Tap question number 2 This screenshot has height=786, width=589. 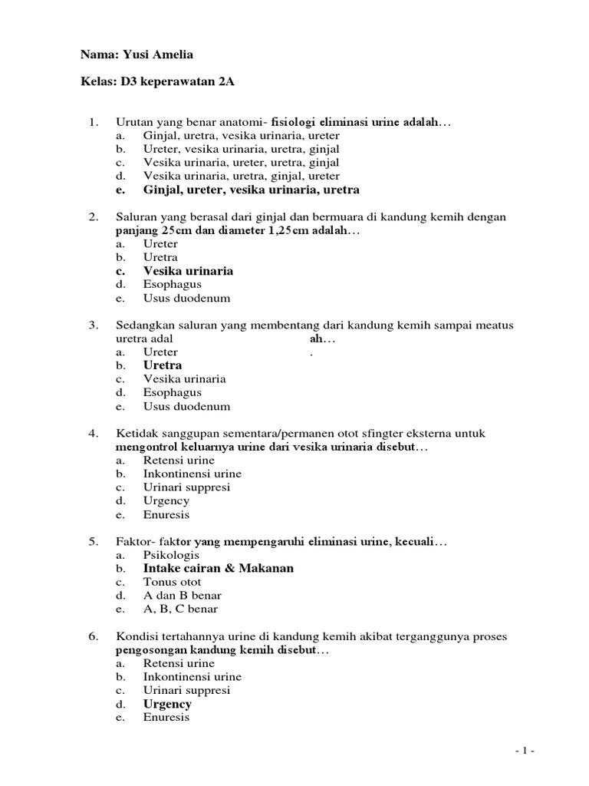pos(94,217)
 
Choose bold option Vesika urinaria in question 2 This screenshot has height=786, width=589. pos(188,271)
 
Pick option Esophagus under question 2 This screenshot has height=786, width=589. pos(172,285)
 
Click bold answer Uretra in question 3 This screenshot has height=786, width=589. pos(162,365)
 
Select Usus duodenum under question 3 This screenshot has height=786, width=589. pos(186,406)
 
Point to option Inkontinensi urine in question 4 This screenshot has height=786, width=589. pos(192,474)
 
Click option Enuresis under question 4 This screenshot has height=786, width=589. pos(166,514)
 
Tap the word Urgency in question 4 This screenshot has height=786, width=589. pos(166,500)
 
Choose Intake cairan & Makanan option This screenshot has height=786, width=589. pos(218,568)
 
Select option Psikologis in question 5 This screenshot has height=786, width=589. pos(171,554)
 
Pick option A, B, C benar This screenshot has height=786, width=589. pos(180,609)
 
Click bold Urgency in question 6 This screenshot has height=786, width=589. pos(167,704)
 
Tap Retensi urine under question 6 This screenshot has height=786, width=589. pos(178,663)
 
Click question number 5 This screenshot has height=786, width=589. pos(94,542)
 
